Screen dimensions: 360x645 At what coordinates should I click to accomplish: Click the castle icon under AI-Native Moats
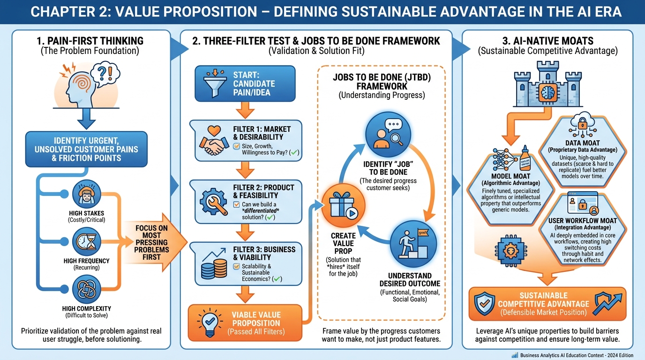(547, 89)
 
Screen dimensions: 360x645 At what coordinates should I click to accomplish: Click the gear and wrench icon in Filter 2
(214, 201)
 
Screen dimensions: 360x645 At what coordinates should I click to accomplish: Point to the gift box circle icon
(343, 206)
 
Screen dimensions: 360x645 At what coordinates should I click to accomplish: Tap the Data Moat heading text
(582, 143)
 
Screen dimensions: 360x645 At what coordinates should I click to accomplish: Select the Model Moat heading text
(511, 176)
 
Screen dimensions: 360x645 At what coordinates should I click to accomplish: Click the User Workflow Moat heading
(582, 220)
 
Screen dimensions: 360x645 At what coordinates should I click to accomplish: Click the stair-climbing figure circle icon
(413, 244)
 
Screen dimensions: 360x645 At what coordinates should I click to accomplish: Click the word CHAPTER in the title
(60, 11)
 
